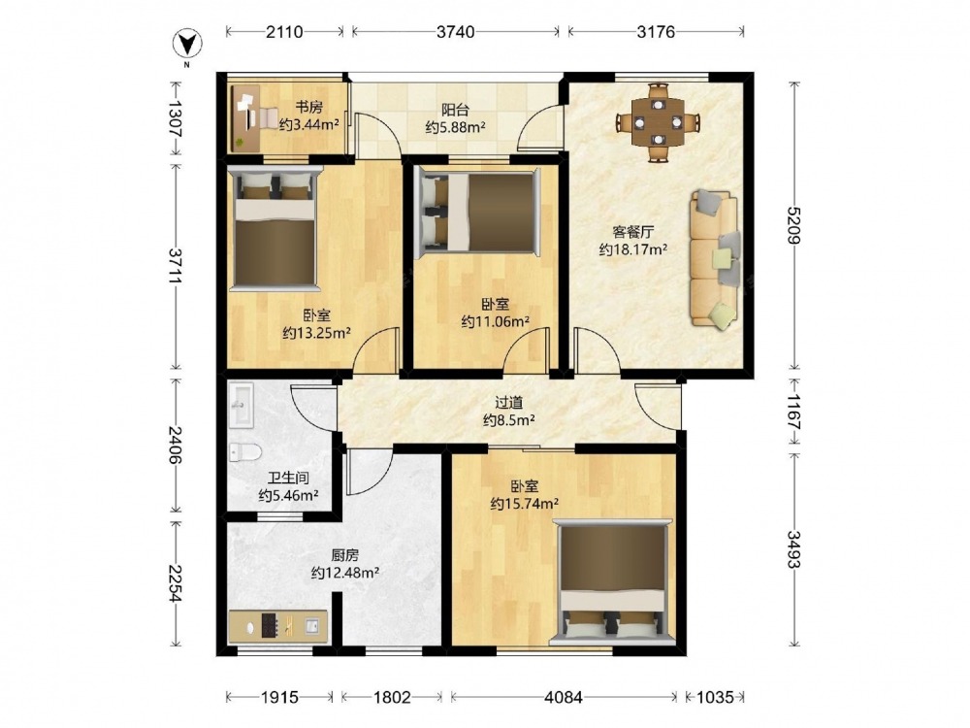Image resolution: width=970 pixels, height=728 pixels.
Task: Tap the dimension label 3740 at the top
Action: [455, 32]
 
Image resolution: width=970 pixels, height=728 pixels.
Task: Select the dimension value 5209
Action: [794, 225]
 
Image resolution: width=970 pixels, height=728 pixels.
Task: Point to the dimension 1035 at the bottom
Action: [715, 698]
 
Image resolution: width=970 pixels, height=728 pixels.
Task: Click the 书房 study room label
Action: [308, 107]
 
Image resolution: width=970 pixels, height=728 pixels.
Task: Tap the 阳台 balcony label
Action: [455, 111]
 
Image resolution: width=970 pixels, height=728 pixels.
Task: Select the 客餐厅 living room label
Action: [632, 232]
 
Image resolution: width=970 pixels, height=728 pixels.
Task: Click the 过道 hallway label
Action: [508, 403]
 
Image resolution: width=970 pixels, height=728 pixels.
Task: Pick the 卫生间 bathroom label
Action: [288, 478]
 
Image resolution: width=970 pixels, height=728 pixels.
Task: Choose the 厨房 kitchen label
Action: [344, 555]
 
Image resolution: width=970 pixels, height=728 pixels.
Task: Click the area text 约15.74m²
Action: [525, 504]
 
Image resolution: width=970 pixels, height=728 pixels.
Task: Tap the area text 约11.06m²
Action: [495, 321]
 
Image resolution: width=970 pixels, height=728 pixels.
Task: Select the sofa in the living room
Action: [715, 257]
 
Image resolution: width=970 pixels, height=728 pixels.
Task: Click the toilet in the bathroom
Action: [245, 452]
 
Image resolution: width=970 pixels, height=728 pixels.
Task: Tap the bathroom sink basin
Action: [242, 406]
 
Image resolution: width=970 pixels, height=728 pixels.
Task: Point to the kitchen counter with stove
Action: [277, 627]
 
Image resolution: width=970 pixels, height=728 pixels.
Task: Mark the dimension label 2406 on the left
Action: [176, 446]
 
